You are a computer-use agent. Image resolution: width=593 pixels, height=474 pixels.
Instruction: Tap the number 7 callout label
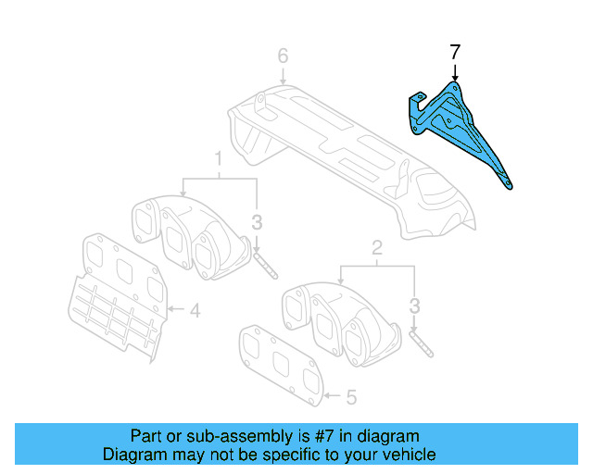pyautogui.click(x=454, y=53)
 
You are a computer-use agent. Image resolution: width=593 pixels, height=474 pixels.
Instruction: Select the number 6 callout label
pyautogui.click(x=284, y=56)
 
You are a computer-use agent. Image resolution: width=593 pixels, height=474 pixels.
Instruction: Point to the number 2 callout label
pyautogui.click(x=376, y=247)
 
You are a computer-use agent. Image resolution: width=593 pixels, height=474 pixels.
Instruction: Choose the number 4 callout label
pyautogui.click(x=195, y=311)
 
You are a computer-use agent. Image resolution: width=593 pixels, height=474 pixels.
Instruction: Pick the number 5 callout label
pyautogui.click(x=350, y=398)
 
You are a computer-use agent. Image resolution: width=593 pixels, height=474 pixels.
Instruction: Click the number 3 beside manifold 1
pyautogui.click(x=258, y=221)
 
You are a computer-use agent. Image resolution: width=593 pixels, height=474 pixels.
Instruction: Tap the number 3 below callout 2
pyautogui.click(x=415, y=305)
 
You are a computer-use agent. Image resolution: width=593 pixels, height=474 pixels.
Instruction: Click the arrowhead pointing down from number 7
pyautogui.click(x=454, y=81)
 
